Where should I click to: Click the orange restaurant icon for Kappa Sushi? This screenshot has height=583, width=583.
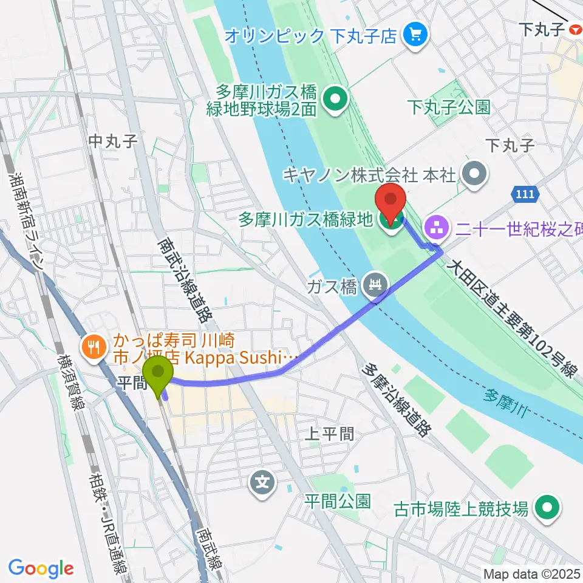pyautogui.click(x=93, y=347)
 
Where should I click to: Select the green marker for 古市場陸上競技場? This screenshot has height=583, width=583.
pyautogui.click(x=548, y=508)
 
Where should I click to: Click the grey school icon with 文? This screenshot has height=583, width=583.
pyautogui.click(x=262, y=483)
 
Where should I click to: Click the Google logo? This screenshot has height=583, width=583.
pyautogui.click(x=41, y=568)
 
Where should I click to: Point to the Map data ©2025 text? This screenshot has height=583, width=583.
pyautogui.click(x=532, y=573)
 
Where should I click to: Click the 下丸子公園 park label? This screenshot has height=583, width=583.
pyautogui.click(x=449, y=108)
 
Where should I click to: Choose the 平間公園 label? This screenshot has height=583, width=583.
pyautogui.click(x=337, y=501)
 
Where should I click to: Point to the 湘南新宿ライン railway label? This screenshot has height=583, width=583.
pyautogui.click(x=27, y=219)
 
